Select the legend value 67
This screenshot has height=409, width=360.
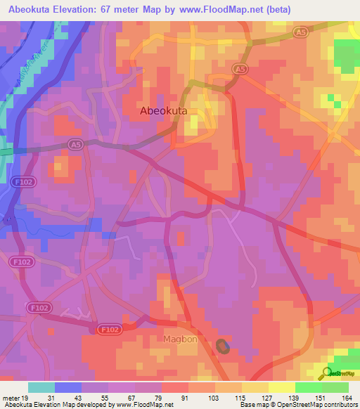pos(131,398)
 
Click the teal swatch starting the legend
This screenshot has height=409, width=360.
pos(41,387)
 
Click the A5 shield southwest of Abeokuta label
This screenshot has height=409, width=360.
pos(75,143)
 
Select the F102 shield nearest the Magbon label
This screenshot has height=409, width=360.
pos(109,328)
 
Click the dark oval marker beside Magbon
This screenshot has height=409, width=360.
pos(223,346)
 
